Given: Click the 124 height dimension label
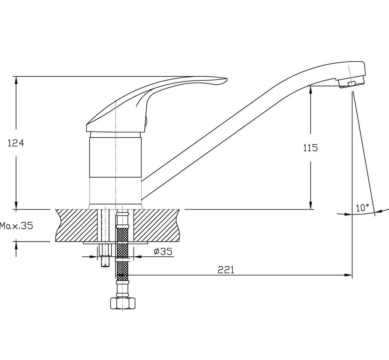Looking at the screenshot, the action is (x=16, y=143).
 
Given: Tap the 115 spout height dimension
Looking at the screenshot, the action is (x=310, y=148).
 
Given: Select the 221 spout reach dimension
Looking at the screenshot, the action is (x=226, y=270).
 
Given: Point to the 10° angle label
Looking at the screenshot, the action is (x=363, y=208).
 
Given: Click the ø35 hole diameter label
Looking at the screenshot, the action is (x=163, y=252).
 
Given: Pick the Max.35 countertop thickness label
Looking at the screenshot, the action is (x=16, y=226).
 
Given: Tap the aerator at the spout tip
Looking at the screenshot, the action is (x=351, y=82).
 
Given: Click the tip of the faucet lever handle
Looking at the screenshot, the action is (x=227, y=80).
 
